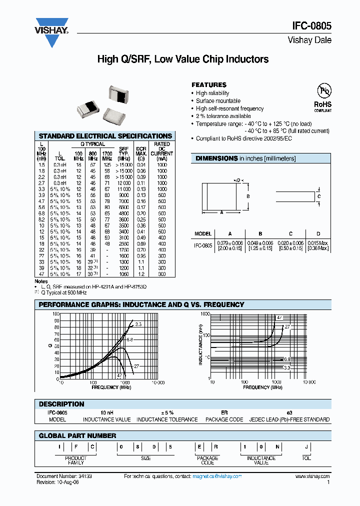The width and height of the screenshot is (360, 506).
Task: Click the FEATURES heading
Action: pyautogui.click(x=209, y=85)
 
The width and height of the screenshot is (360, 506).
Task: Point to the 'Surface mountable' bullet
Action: pyautogui.click(x=218, y=101)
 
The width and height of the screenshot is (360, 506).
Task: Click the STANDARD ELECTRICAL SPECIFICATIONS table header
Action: pyautogui.click(x=105, y=136)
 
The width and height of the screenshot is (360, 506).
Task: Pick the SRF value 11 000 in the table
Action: pyautogui.click(x=124, y=189)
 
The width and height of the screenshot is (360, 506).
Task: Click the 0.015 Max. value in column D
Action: pyautogui.click(x=318, y=242)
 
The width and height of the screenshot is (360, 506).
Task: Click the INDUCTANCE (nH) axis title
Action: pyautogui.click(x=200, y=345)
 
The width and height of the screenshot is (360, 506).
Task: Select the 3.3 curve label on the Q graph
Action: pyautogui.click(x=138, y=324)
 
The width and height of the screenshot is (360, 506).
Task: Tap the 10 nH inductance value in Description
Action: pyautogui.click(x=106, y=412)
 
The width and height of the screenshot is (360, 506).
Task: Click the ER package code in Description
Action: pyautogui.click(x=224, y=412)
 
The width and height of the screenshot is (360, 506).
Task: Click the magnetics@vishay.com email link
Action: pyautogui.click(x=217, y=476)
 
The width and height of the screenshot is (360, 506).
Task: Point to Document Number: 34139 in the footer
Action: pyautogui.click(x=64, y=476)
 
